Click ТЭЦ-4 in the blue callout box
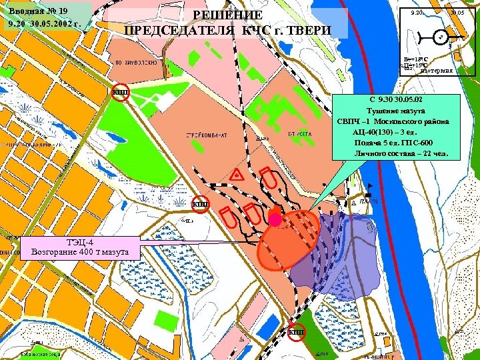pos(81,242)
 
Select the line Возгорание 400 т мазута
pos(81,252)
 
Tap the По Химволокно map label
pos(136,62)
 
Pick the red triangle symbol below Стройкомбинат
pos(236,175)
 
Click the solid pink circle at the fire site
pos(275,219)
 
